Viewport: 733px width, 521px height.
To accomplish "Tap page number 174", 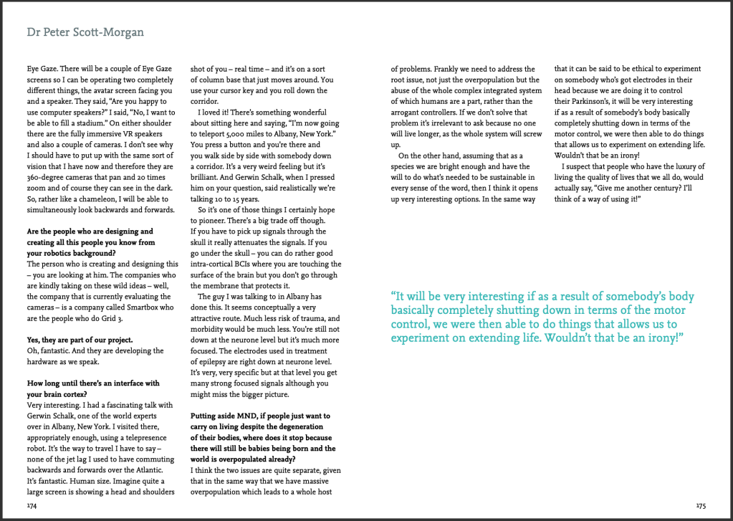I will (32, 505).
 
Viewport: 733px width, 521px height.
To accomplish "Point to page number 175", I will (700, 505).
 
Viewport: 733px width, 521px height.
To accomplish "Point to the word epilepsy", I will (224, 362).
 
